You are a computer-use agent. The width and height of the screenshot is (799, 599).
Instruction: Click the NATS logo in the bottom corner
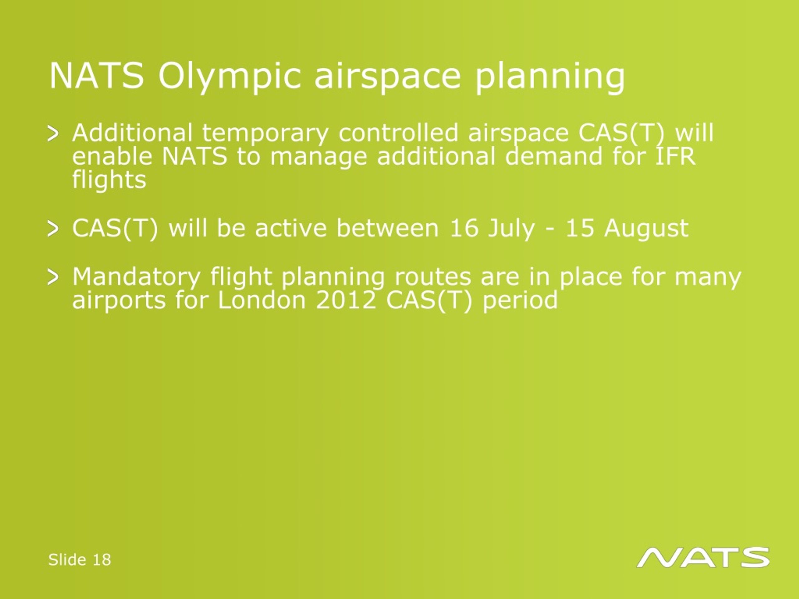pyautogui.click(x=703, y=557)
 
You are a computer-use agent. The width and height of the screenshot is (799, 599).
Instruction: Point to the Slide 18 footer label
pyautogui.click(x=80, y=559)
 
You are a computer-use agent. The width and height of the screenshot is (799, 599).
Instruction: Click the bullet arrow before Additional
pyautogui.click(x=53, y=134)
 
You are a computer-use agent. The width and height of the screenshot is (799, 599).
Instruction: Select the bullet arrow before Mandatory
pyautogui.click(x=53, y=278)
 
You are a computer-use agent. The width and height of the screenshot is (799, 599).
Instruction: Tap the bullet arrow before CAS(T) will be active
pyautogui.click(x=53, y=229)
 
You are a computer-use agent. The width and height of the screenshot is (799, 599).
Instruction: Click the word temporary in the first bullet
pyautogui.click(x=265, y=134)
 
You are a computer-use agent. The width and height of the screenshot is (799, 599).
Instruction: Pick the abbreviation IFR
pyautogui.click(x=675, y=156)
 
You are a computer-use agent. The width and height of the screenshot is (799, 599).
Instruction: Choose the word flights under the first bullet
pyautogui.click(x=109, y=179)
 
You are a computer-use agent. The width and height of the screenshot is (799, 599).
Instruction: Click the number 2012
pyautogui.click(x=346, y=300)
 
